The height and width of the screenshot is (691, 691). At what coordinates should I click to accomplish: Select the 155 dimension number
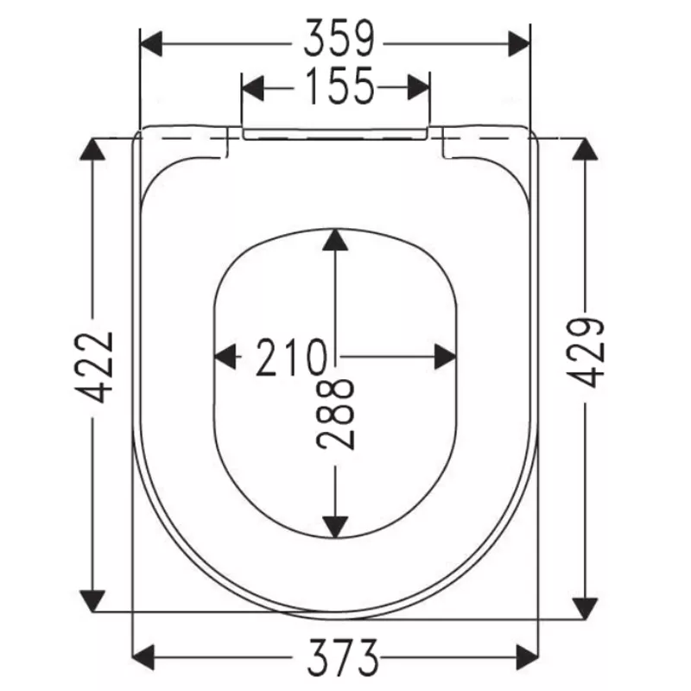tap(338, 86)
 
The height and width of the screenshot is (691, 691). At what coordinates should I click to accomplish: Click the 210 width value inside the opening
tap(290, 357)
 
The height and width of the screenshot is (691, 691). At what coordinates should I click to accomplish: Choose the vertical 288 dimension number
tap(335, 413)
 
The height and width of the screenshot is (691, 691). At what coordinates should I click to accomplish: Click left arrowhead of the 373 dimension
tap(143, 655)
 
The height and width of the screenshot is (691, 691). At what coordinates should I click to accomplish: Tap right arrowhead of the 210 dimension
tap(446, 356)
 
